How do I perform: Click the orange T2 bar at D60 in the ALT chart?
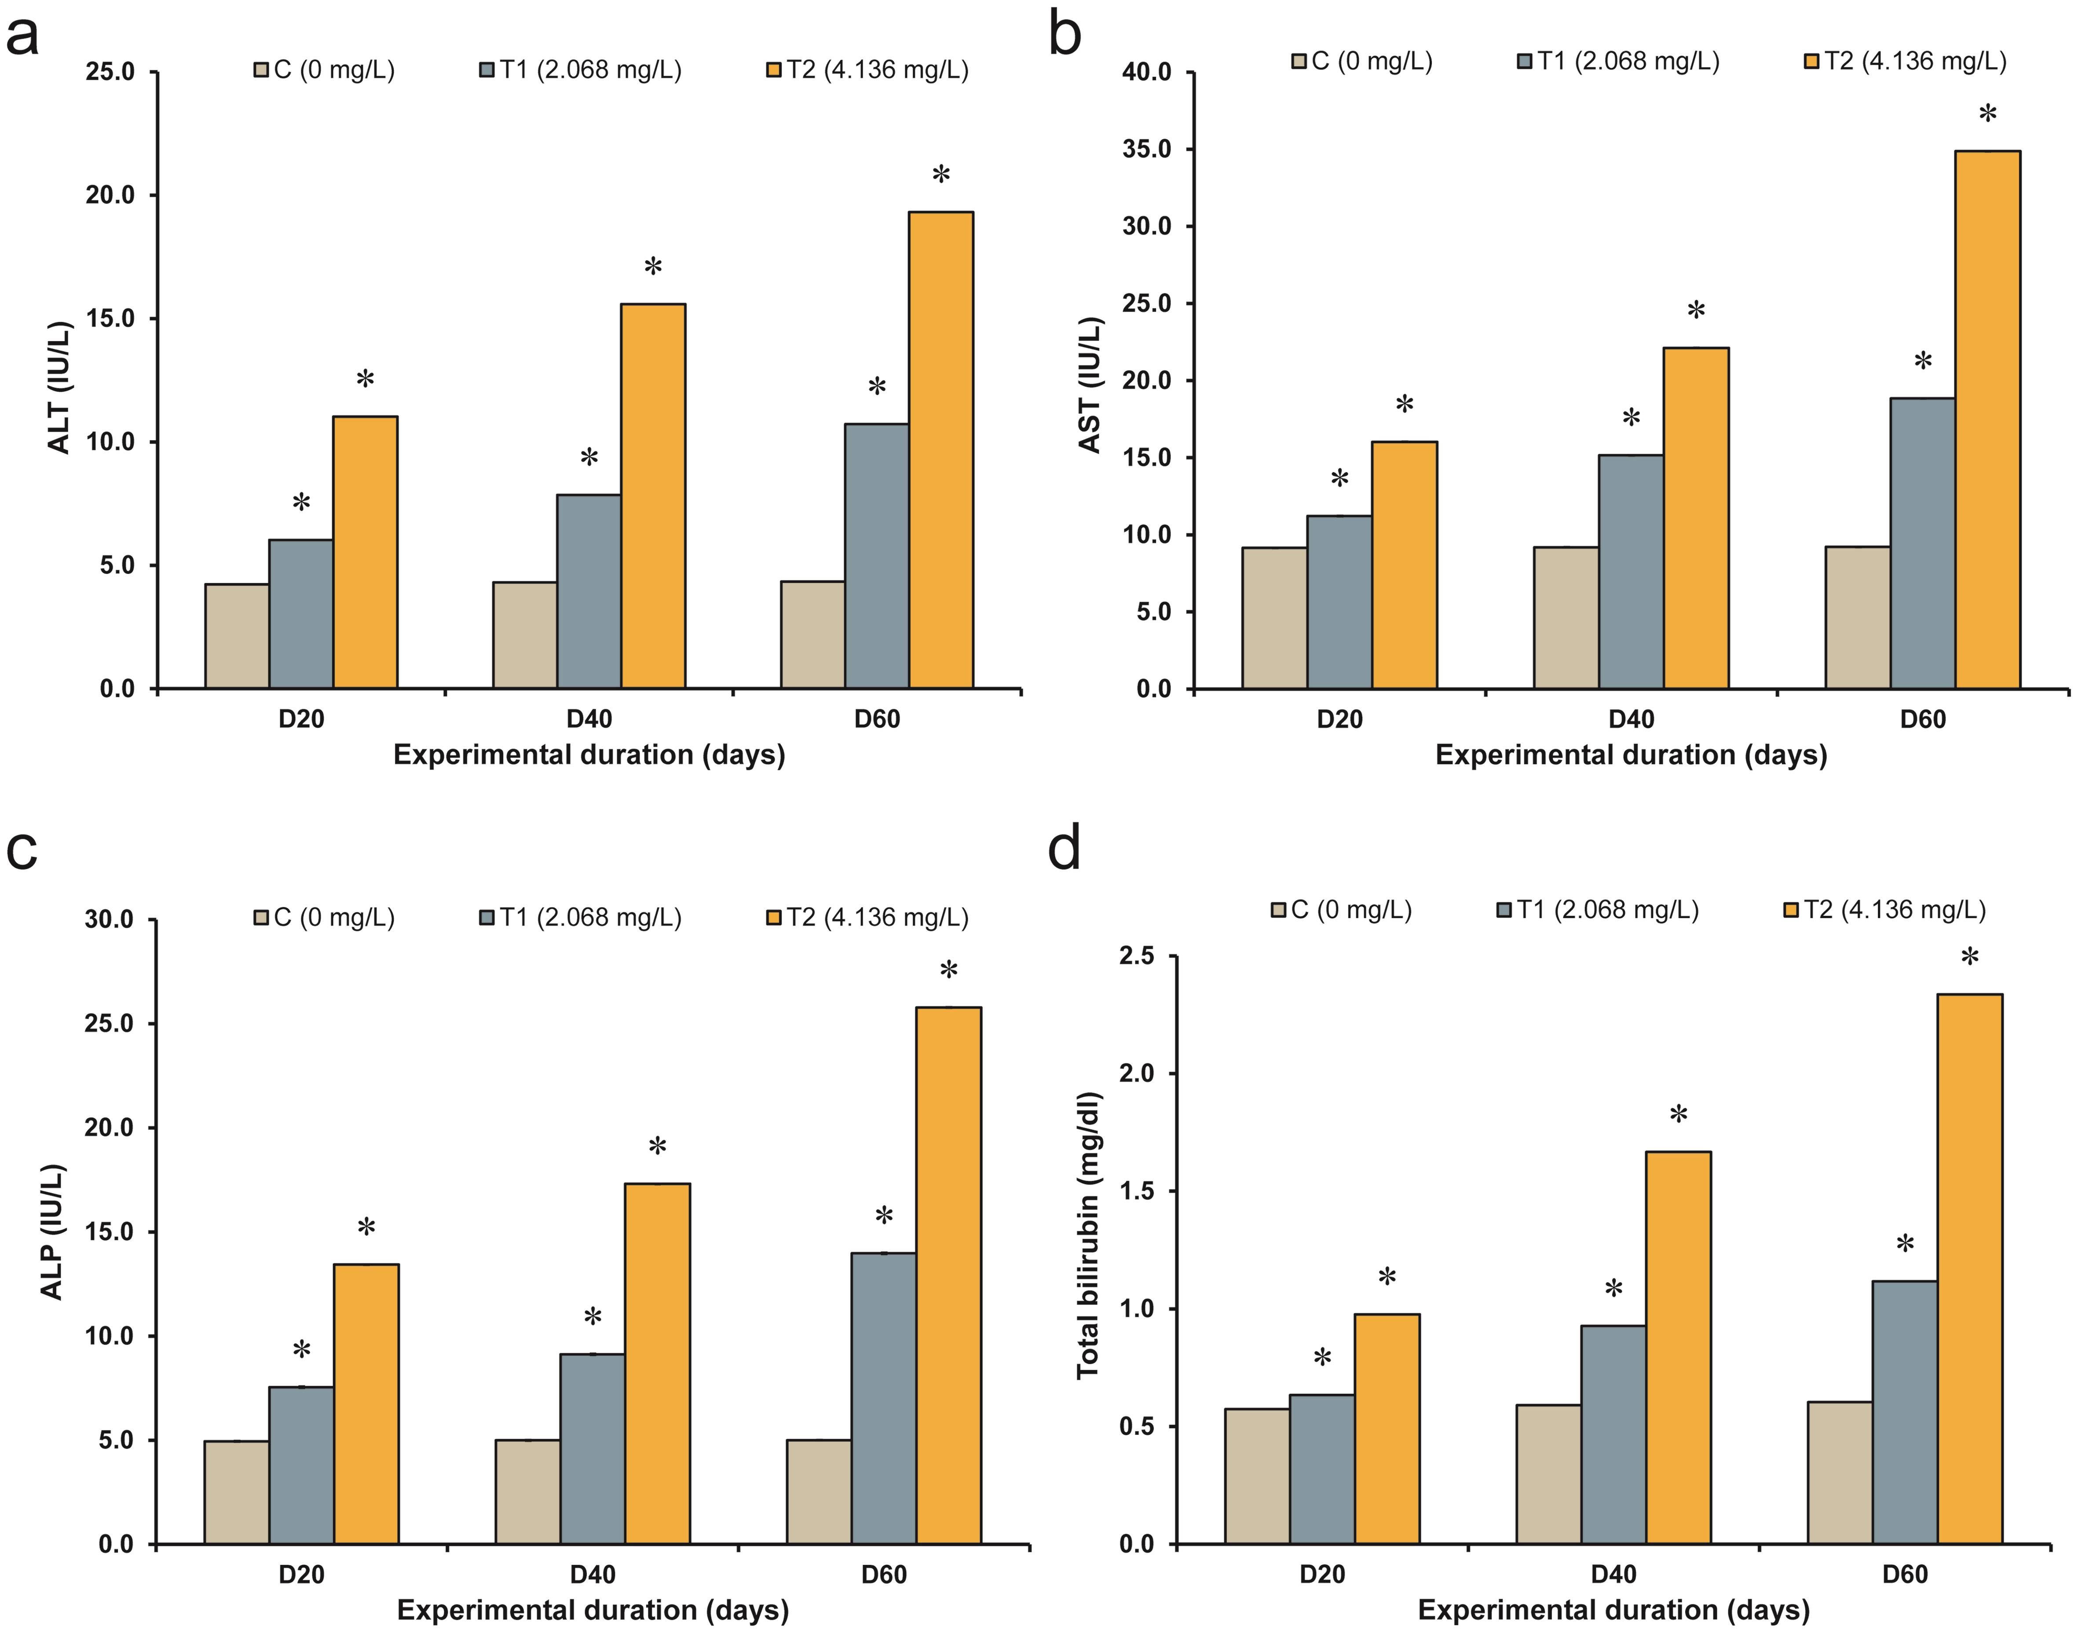(941, 449)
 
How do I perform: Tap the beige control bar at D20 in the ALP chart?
(236, 1491)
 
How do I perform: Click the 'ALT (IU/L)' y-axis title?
(59, 387)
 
